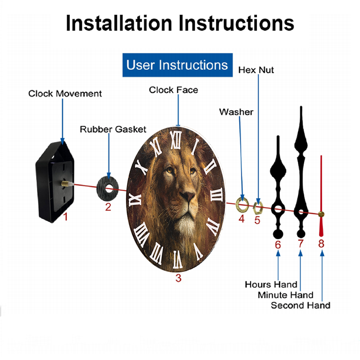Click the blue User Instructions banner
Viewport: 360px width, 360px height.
(177, 65)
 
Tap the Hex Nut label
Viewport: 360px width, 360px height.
(256, 70)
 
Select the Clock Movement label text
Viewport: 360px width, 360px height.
(65, 94)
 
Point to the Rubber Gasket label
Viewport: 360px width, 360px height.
(113, 129)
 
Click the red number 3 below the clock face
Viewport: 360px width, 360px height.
(179, 278)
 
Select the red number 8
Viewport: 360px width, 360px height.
(321, 244)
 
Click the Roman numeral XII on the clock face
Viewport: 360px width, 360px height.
(176, 140)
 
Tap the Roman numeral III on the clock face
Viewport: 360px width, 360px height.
(217, 195)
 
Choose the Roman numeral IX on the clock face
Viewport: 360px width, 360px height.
(135, 199)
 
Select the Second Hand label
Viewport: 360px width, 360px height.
(301, 306)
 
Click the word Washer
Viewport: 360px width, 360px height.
(236, 112)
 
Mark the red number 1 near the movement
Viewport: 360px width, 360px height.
(66, 217)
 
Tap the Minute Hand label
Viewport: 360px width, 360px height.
(285, 295)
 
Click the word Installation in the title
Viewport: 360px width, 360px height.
(119, 23)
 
